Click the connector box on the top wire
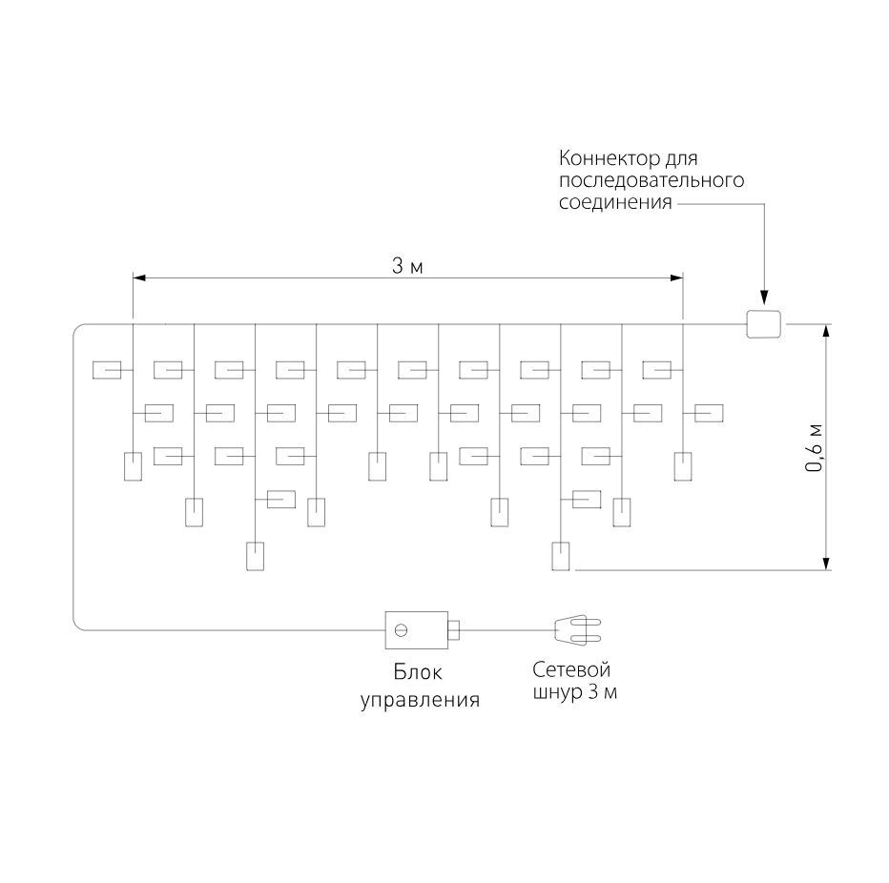[x=763, y=324]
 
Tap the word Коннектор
[x=605, y=158]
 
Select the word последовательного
[x=651, y=181]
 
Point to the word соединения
[x=616, y=202]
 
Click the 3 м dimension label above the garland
[x=407, y=266]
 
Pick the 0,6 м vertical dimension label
[x=815, y=448]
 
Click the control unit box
[x=417, y=629]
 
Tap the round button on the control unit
[x=401, y=629]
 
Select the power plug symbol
[x=577, y=630]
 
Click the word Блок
[x=418, y=672]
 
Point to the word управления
[x=420, y=700]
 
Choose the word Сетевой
[x=571, y=670]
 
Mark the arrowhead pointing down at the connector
[x=764, y=298]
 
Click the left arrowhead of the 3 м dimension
[x=139, y=277]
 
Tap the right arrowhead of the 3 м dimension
[x=676, y=277]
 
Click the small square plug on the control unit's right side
[x=454, y=629]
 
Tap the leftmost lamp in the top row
[x=107, y=370]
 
